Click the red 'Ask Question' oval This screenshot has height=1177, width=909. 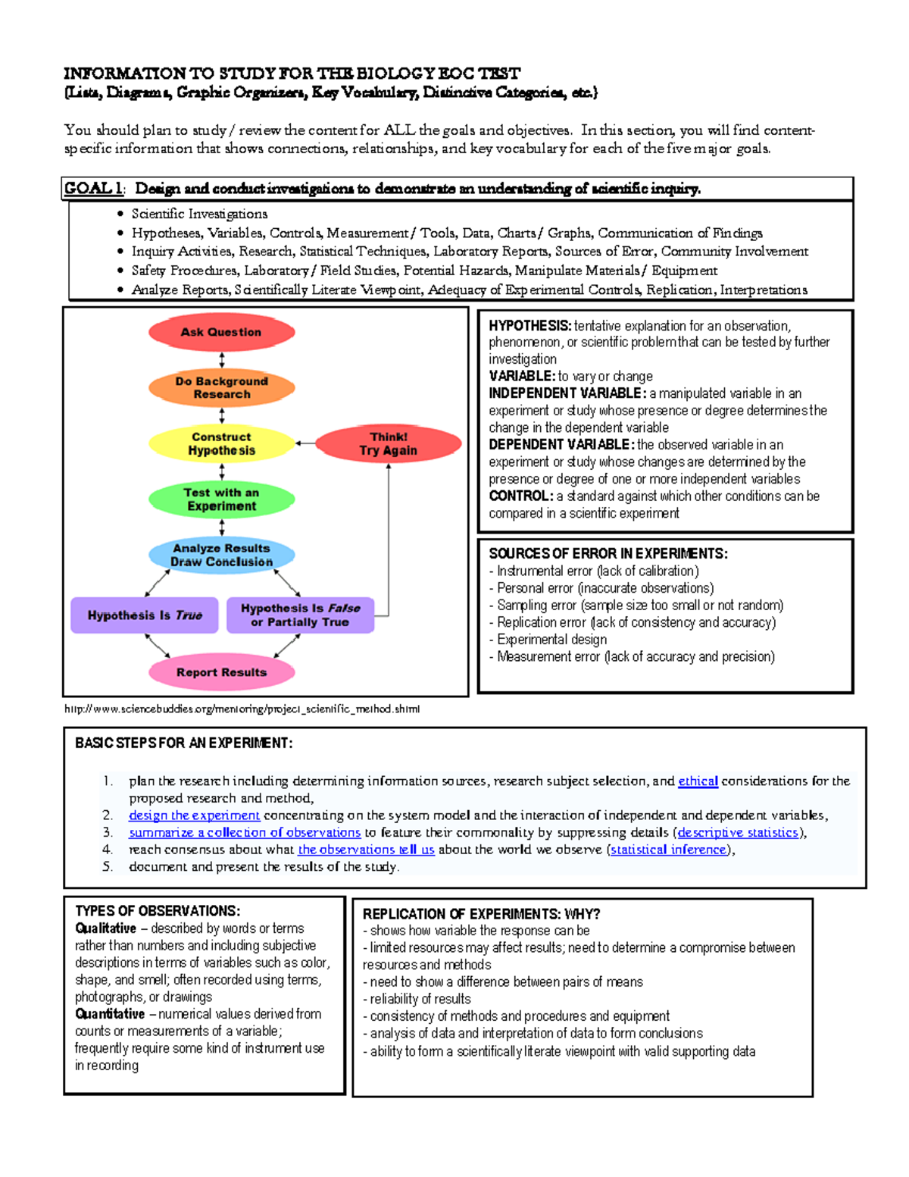[221, 332]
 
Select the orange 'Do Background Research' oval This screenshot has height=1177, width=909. [221, 387]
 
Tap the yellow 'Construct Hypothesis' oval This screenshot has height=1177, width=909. [221, 443]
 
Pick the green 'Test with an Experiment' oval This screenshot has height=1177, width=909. [221, 499]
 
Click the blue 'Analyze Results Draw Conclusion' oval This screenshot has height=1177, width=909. [221, 555]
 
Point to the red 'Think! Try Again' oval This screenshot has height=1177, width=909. [388, 443]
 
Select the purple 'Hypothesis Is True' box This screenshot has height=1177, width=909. [144, 615]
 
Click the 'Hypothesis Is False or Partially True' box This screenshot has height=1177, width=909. [300, 615]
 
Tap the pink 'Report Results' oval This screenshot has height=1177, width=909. [221, 671]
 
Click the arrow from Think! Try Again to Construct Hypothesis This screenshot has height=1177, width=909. [305, 443]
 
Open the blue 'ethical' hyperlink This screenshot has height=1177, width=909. [698, 781]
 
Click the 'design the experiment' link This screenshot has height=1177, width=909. [194, 815]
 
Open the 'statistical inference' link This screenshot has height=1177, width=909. [668, 850]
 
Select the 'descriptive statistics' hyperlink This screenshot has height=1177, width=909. [738, 832]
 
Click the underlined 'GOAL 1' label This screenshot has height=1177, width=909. [93, 188]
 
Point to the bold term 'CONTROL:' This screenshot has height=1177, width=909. [521, 496]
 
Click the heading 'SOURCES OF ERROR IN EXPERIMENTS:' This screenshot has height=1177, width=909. [608, 553]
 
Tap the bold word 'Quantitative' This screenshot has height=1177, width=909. [110, 1013]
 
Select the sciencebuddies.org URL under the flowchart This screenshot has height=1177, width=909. [242, 709]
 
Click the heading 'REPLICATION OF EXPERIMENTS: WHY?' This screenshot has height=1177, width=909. [481, 914]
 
